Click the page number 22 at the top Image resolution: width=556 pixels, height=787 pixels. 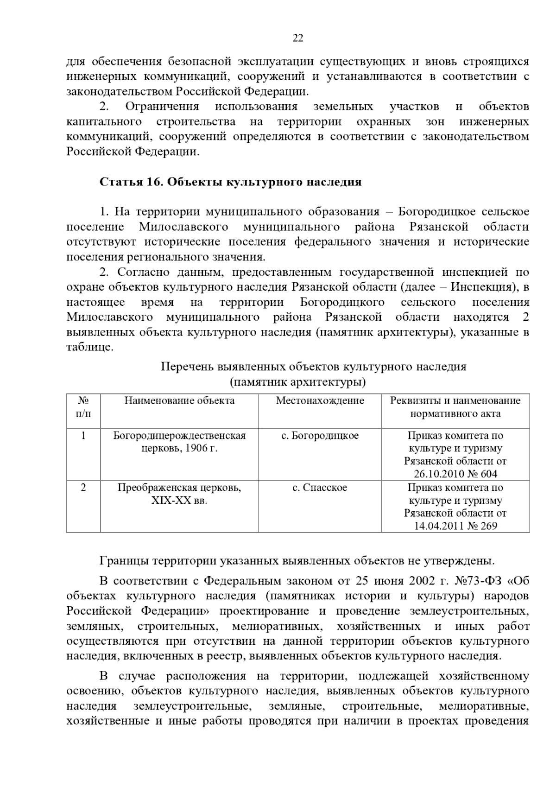297,38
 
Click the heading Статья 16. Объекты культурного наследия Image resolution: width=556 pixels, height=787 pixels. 230,182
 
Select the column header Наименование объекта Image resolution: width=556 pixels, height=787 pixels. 179,401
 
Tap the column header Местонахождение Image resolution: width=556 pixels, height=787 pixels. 320,401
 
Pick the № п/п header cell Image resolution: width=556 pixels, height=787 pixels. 83,407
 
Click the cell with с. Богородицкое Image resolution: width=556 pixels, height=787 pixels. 320,436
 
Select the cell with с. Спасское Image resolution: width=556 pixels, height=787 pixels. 320,488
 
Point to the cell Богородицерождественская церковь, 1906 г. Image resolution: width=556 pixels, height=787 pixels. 179,442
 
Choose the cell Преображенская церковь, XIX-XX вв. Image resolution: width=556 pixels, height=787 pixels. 179,494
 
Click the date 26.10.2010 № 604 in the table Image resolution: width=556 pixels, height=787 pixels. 455,474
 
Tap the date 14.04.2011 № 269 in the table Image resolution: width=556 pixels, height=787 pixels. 455,526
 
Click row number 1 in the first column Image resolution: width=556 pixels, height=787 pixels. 83,436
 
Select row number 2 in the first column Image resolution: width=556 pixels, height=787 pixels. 83,488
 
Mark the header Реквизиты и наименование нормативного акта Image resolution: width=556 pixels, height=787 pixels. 455,407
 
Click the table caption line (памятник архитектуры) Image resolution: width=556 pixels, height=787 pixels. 297,382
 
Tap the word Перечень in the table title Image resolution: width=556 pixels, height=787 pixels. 185,367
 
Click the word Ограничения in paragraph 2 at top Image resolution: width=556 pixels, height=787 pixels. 162,107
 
